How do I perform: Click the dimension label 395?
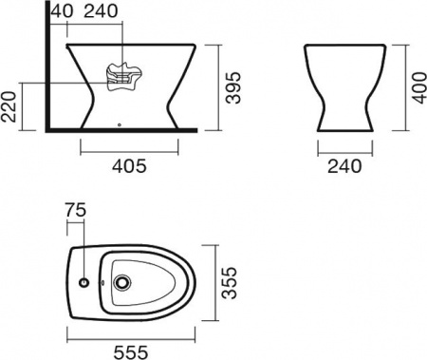[x=233, y=87]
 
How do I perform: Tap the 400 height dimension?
[x=419, y=87]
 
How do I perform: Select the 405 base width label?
[x=129, y=165]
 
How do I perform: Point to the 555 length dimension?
[x=131, y=352]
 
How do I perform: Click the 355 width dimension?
[x=229, y=283]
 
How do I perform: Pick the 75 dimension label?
[x=76, y=210]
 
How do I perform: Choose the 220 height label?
[x=9, y=106]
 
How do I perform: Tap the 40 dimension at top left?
[x=62, y=11]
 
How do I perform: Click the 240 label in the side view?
[x=102, y=11]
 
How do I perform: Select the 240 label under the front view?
[x=344, y=166]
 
